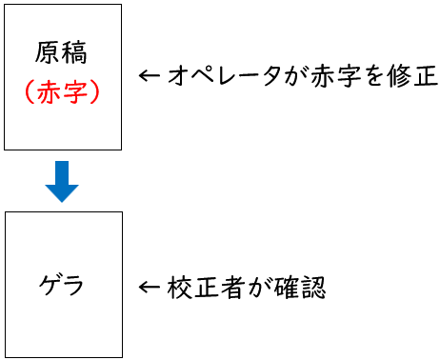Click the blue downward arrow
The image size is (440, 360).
[x=63, y=181]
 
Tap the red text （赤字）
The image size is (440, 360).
[x=63, y=92]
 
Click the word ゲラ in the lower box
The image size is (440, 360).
[x=63, y=285]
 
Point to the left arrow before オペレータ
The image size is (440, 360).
[x=149, y=77]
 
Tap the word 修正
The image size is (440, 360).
[x=411, y=77]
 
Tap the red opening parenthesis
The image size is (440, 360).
[x=29, y=92]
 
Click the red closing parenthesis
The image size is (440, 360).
[x=97, y=92]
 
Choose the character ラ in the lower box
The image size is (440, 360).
[x=75, y=285]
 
